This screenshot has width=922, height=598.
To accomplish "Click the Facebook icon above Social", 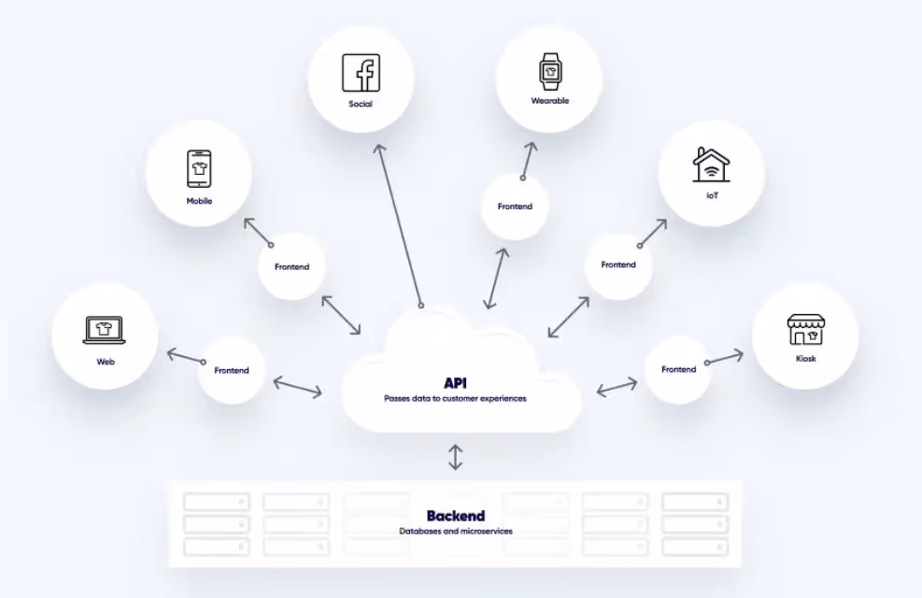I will (x=361, y=72).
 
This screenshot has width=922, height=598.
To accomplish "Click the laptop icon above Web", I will (x=105, y=329).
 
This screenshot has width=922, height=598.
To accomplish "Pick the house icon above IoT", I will (x=711, y=164).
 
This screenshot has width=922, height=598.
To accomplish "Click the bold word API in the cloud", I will (x=455, y=383).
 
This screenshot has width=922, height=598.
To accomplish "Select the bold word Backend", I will (x=455, y=516).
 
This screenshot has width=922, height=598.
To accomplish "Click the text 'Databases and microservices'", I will (x=455, y=532).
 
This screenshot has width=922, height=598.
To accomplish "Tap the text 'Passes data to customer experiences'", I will (x=455, y=398).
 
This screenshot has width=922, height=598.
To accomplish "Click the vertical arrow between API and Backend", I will (x=455, y=457).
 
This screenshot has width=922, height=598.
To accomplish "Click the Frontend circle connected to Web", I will (x=231, y=370).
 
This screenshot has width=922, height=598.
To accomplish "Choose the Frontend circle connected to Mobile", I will (x=291, y=267).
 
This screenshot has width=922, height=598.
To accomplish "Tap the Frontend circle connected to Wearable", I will (x=515, y=206).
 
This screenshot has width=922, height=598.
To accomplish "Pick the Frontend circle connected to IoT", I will (x=618, y=265).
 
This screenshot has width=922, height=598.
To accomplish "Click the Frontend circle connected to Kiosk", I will (x=678, y=369).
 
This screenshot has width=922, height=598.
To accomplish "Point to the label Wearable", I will (x=549, y=101).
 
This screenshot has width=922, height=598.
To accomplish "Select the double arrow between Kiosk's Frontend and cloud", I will (x=617, y=386).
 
